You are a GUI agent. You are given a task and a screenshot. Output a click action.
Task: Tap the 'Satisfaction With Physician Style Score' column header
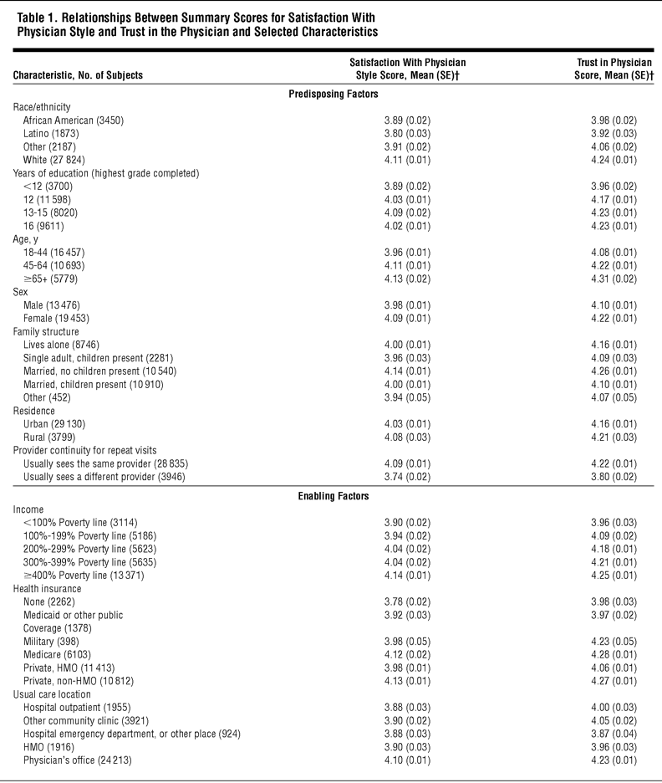407,69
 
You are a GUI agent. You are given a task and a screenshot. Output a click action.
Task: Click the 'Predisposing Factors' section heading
330,93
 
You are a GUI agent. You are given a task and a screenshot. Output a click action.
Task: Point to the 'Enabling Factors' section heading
330,496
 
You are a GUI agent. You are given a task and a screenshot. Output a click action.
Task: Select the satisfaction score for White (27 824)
407,159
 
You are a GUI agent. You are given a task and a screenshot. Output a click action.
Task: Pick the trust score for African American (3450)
614,120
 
